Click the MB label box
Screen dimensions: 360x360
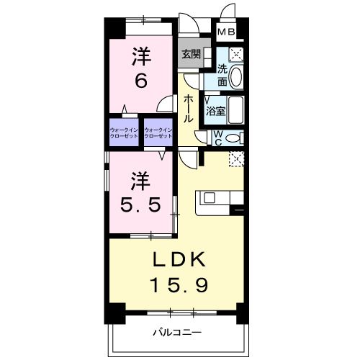tap(227, 32)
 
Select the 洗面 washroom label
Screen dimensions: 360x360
tap(223, 75)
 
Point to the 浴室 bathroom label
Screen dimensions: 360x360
tap(215, 112)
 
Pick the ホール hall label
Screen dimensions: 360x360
tap(188, 108)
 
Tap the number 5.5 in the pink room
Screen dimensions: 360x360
tap(140, 203)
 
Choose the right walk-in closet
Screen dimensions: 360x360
tap(159, 132)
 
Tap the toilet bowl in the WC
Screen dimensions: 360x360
tap(233, 137)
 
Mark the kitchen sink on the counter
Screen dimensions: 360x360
tap(209, 196)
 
